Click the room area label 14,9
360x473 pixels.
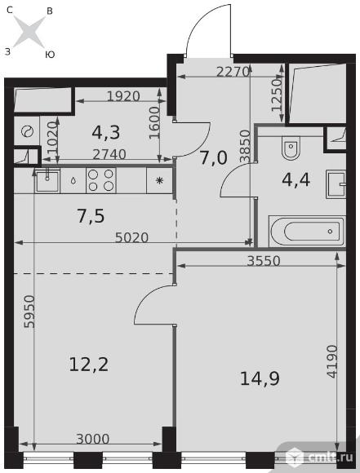[x=260, y=379]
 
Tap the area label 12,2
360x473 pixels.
[x=88, y=365]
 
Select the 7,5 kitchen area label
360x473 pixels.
[x=91, y=216]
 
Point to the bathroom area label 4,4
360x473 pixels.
[x=296, y=180]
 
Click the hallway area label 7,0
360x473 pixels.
[x=214, y=157]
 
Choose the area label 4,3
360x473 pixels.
[x=106, y=132]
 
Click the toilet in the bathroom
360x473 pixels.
[x=291, y=148]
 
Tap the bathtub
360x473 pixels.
[x=307, y=232]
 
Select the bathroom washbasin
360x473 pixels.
[x=336, y=183]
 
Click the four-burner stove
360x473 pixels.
[x=101, y=181]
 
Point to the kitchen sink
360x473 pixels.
[x=47, y=180]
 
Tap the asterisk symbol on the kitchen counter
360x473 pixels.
[x=159, y=181]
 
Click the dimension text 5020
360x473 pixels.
[x=132, y=237]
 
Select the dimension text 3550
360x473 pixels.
[x=264, y=261]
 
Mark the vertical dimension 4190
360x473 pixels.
[x=332, y=361]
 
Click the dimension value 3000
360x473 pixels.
[x=93, y=439]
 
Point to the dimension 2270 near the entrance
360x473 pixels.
[x=233, y=72]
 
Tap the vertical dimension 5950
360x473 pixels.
[x=30, y=312]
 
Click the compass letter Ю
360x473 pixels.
[x=50, y=55]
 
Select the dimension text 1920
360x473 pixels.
[x=123, y=96]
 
